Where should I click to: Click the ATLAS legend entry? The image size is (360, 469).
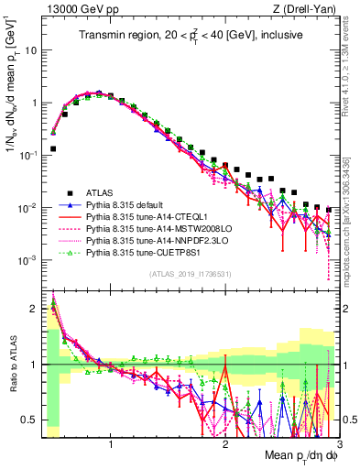point(101,192)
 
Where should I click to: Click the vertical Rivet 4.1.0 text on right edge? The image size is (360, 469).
point(352,64)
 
